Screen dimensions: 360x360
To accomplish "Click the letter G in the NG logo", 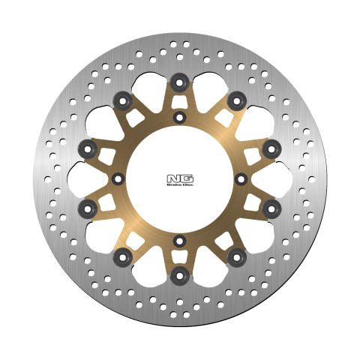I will coord(185,178).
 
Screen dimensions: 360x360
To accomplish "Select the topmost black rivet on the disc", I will coord(178,81).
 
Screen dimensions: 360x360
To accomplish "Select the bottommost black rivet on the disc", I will coord(178,277).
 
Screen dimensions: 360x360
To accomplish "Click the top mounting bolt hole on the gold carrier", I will coord(178,117).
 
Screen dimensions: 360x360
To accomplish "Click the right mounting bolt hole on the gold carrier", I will coord(240,178).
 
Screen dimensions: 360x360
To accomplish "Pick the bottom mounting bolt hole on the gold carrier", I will coord(178,241).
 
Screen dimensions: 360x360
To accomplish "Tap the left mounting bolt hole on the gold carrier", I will coord(117,178).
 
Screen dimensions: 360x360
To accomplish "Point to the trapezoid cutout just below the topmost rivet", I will coord(178,101).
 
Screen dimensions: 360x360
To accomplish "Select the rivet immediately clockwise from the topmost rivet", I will coord(237,98).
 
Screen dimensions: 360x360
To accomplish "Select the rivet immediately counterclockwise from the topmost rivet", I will coord(121,98).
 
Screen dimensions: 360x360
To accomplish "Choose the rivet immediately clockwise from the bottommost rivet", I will coord(121,259).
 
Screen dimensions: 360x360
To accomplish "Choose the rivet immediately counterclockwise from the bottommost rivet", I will coord(237,259).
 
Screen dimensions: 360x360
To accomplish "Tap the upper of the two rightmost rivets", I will coord(271,147).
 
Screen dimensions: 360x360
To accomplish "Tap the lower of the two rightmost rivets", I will coord(271,206).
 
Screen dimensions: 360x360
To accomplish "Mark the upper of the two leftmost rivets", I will coord(85,148).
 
